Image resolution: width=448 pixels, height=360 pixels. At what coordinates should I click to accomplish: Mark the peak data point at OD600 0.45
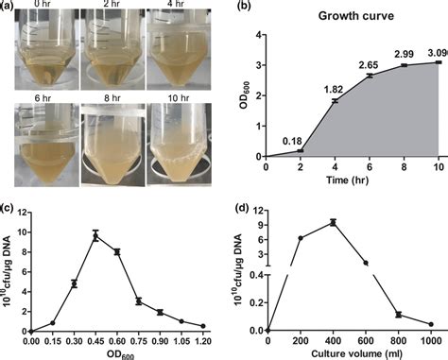(x=95, y=236)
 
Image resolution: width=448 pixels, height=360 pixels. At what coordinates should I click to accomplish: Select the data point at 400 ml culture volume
(x=334, y=222)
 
